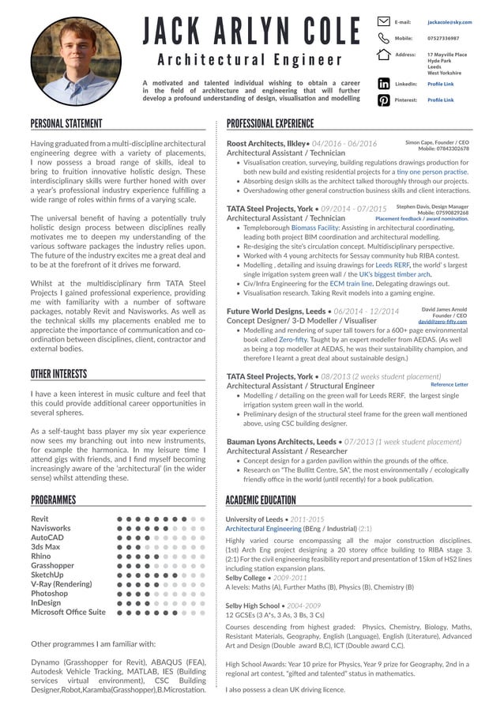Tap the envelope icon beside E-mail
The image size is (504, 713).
(383, 22)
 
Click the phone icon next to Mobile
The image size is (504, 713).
(383, 38)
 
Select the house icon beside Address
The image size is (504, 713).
(383, 54)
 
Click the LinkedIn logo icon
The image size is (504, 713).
(383, 83)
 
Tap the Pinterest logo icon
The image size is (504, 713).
(383, 100)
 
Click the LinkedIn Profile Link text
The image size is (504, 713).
(440, 84)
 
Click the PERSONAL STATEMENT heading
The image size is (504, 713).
(66, 123)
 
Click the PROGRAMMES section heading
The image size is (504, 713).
(54, 500)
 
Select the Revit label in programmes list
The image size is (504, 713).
(39, 519)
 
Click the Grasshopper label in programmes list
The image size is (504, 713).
(53, 566)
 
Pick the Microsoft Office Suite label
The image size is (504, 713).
(68, 612)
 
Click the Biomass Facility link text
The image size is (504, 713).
(317, 227)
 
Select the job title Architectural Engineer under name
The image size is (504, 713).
(249, 59)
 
